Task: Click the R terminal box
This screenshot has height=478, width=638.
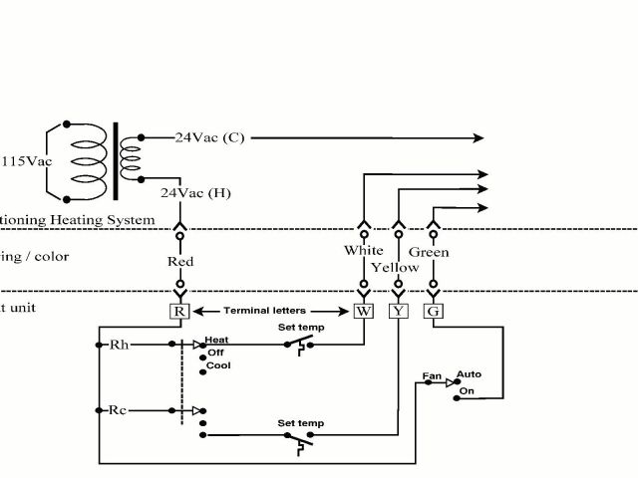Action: coord(180,311)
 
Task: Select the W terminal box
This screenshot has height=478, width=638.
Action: coord(363,311)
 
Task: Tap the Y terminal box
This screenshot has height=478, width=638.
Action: coord(399,311)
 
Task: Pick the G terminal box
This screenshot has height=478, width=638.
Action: coord(434,311)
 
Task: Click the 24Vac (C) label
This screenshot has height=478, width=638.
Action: coord(209,137)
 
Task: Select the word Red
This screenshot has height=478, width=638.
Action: coord(180,263)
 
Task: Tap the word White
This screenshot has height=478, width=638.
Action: coord(363,250)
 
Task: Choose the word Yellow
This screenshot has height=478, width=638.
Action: coord(395,267)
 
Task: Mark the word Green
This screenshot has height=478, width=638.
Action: coord(429,252)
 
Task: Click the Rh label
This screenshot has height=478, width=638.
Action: coord(119,346)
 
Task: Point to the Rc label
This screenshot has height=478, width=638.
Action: coord(119,409)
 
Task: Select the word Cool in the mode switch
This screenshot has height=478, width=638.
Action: coord(218,365)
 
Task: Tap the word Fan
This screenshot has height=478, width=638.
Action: coord(432,376)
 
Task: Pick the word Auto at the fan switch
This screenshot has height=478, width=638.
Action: coord(469,374)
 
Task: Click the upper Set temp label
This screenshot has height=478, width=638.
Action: coord(300,326)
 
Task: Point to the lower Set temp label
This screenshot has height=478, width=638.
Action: coord(300,424)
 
